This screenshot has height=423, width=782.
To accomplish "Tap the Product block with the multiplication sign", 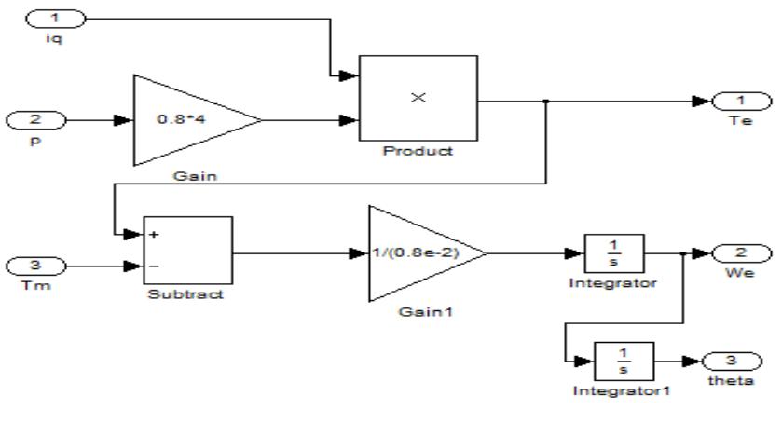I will point(418,98).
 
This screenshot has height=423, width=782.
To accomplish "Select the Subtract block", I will point(185,252).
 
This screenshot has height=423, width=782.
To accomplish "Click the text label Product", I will point(418,151).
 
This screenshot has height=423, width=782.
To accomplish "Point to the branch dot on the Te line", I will point(545,101).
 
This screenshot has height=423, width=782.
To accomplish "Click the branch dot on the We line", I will point(685,253).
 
